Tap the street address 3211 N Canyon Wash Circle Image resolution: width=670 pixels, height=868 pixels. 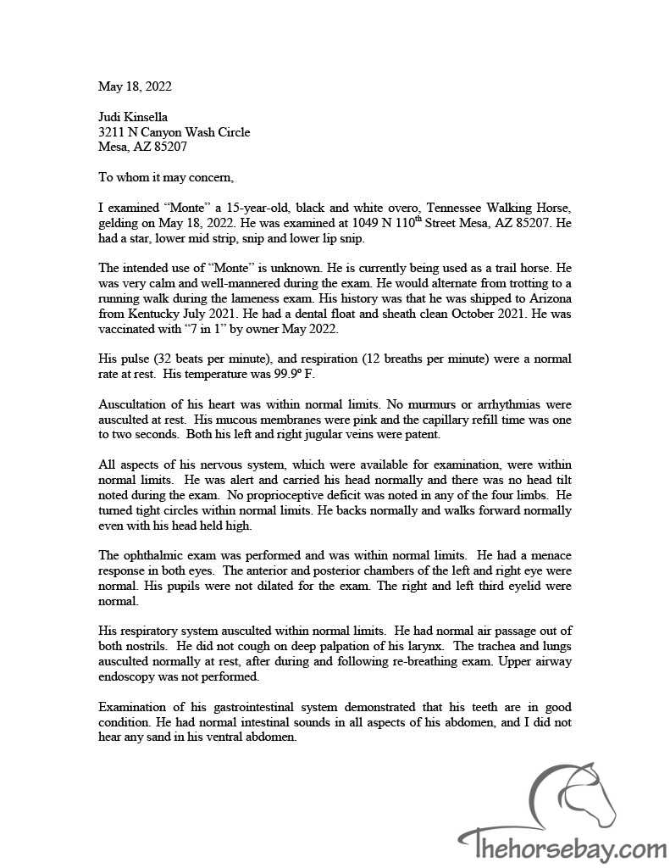point(174,132)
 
